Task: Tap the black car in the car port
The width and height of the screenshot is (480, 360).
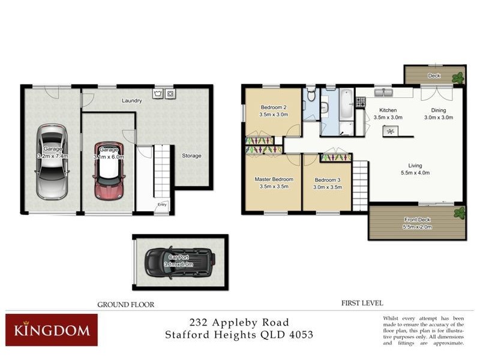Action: [x=179, y=262]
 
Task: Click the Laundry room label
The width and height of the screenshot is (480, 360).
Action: [x=131, y=101]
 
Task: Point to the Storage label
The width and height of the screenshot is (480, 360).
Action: [x=191, y=156]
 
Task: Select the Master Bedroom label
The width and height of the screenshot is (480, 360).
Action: [x=274, y=179]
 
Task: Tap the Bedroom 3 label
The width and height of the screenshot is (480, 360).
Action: [x=327, y=179]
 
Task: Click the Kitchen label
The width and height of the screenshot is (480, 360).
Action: [x=388, y=110]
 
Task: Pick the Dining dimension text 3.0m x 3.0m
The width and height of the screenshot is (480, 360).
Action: [x=437, y=118]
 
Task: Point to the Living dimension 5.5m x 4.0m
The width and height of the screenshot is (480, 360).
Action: [x=415, y=173]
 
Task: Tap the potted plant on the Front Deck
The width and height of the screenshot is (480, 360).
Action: [x=460, y=212]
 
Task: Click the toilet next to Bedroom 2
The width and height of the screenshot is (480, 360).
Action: [x=310, y=94]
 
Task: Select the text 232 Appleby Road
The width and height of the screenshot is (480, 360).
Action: [x=239, y=322]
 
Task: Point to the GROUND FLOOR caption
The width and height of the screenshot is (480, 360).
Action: [x=126, y=305]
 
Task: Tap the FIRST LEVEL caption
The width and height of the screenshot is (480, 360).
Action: [x=362, y=303]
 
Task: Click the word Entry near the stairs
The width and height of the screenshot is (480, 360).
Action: [x=162, y=205]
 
